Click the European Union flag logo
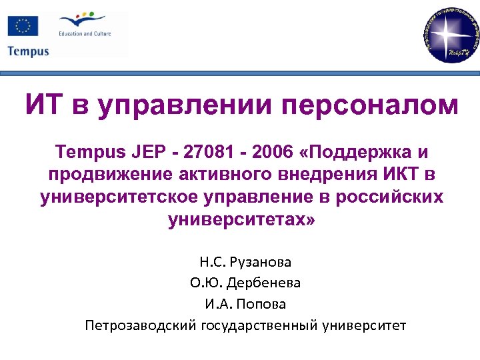pyautogui.click(x=23, y=26)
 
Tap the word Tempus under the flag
pyautogui.click(x=28, y=51)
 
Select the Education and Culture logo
pyautogui.click(x=85, y=26)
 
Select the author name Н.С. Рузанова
pyautogui.click(x=245, y=263)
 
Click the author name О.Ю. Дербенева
pyautogui.click(x=245, y=283)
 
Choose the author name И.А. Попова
pyautogui.click(x=245, y=304)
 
